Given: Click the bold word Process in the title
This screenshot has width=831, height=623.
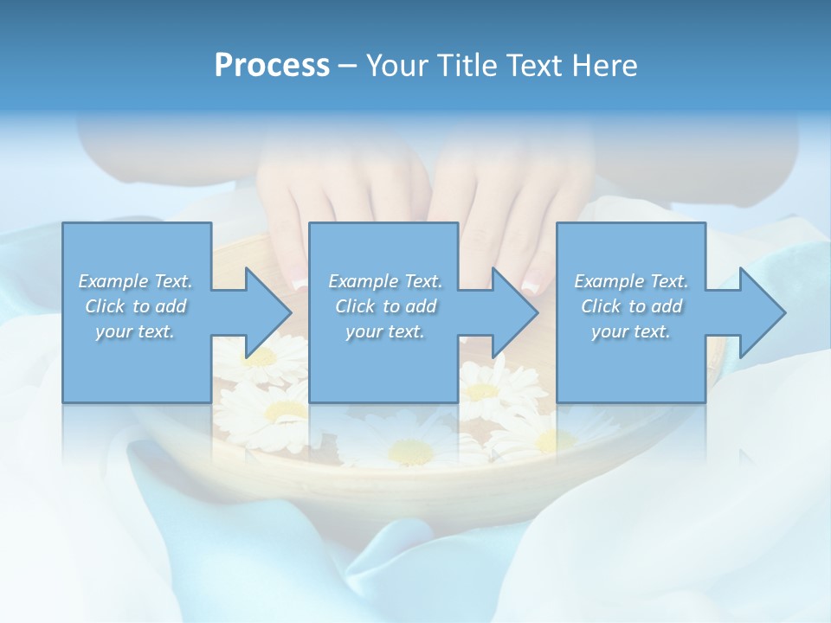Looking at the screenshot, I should click(272, 66).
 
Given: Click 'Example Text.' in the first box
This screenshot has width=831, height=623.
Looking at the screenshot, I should click(136, 281).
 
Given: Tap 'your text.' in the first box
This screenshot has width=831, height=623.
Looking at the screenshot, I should click(136, 331).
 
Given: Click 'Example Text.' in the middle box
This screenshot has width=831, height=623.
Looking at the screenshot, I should click(384, 281).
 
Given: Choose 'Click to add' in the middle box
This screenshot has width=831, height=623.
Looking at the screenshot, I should click(384, 306).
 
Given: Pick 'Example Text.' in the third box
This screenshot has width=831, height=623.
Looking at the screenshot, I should click(631, 281).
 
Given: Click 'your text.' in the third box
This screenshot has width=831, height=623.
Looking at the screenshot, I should click(631, 331).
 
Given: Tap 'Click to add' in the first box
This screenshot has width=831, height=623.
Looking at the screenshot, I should click(136, 306).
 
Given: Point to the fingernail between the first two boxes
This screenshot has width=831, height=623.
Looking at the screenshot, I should click(299, 283).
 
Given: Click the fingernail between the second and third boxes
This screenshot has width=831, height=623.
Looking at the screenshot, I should click(534, 279).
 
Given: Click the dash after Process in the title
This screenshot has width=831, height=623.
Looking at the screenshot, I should click(348, 66).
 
